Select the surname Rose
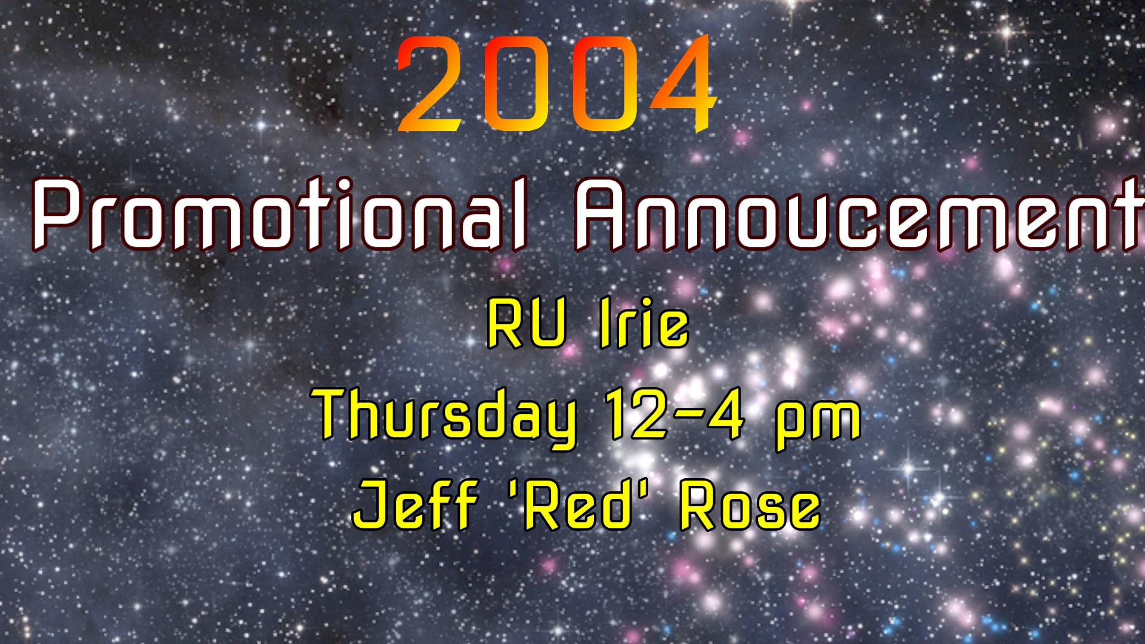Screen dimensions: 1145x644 (750, 508)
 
